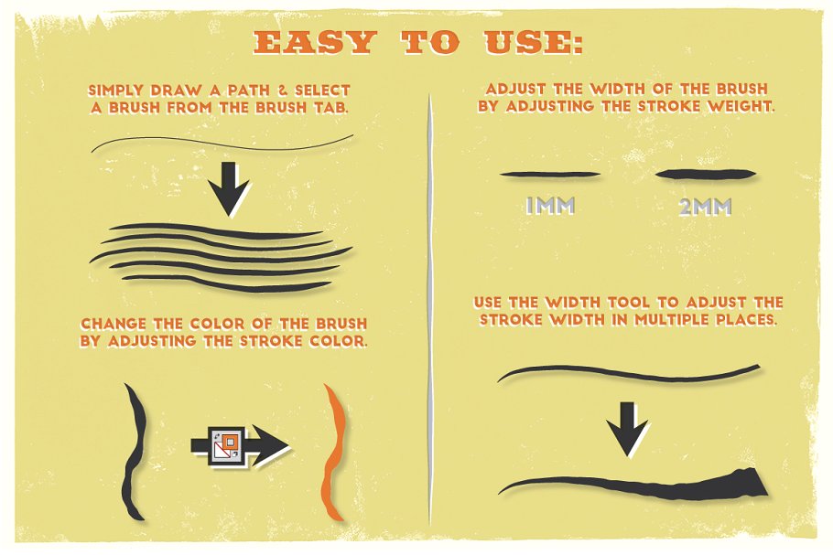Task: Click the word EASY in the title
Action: coord(315,42)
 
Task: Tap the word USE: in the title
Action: coord(533,42)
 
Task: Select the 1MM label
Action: coord(550,206)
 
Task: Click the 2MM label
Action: coord(705,207)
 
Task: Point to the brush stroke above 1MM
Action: coord(550,174)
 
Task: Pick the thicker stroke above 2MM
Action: coord(705,174)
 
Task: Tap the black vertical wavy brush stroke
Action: coord(134,451)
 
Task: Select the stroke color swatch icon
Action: coord(227,444)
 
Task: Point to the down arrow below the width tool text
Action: coord(627,428)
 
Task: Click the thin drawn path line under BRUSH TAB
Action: coord(222,144)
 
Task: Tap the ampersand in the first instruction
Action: coord(283,91)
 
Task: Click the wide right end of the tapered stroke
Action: coord(757,480)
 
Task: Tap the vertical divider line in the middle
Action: coord(429,308)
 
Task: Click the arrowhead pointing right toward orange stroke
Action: coord(270,445)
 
